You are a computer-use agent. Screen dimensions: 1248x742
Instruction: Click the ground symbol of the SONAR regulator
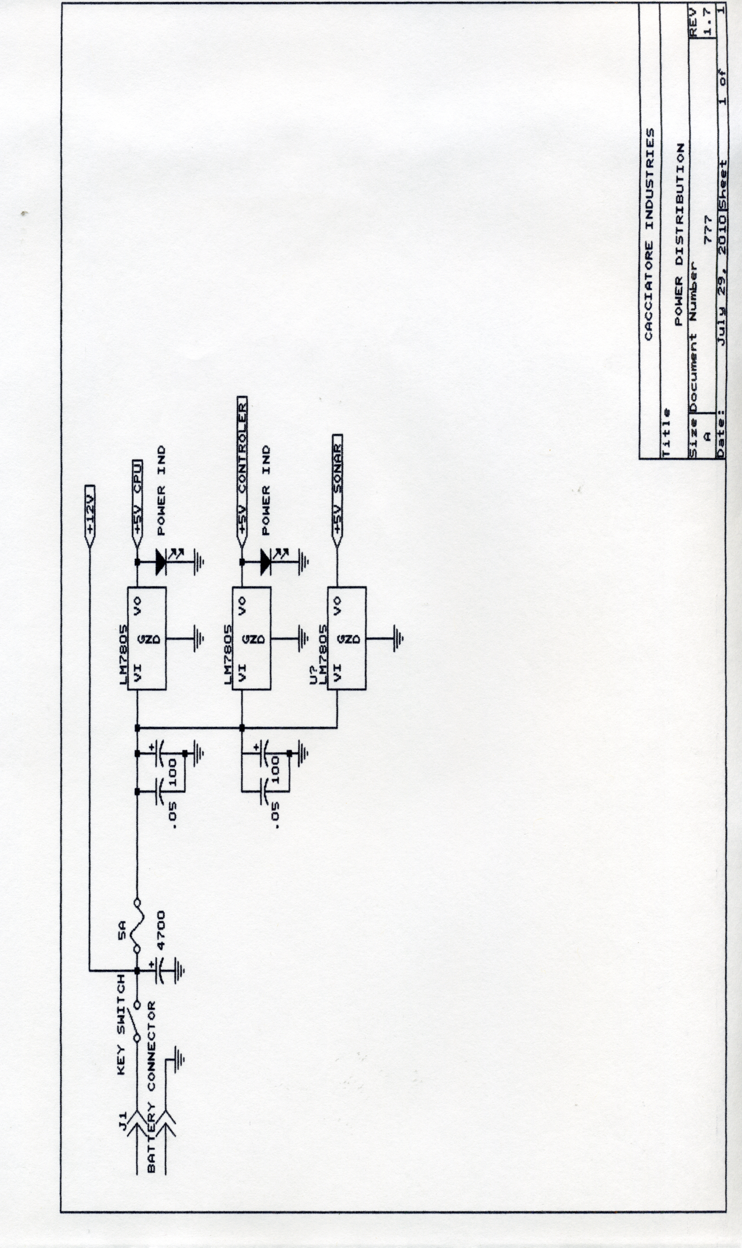click(398, 638)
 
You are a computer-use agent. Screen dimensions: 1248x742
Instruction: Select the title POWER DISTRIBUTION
click(679, 235)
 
